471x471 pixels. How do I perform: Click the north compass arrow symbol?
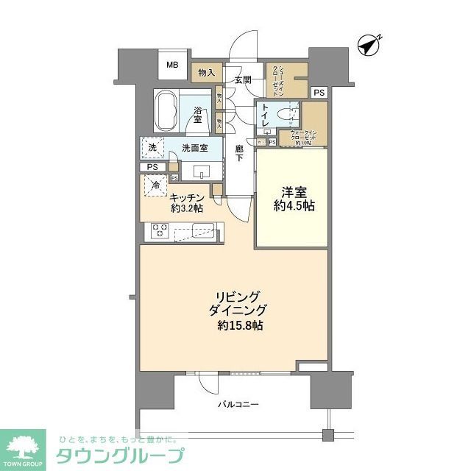(368, 45)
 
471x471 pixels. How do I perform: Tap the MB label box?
(172, 65)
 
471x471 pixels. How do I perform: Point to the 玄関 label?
(243, 79)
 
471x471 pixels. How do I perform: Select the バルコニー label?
(237, 404)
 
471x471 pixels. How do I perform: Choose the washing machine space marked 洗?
(152, 147)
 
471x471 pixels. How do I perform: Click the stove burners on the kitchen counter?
(160, 230)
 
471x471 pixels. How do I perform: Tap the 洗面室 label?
(194, 148)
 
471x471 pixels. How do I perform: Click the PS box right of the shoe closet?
(318, 92)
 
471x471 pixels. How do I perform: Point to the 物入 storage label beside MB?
(206, 72)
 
